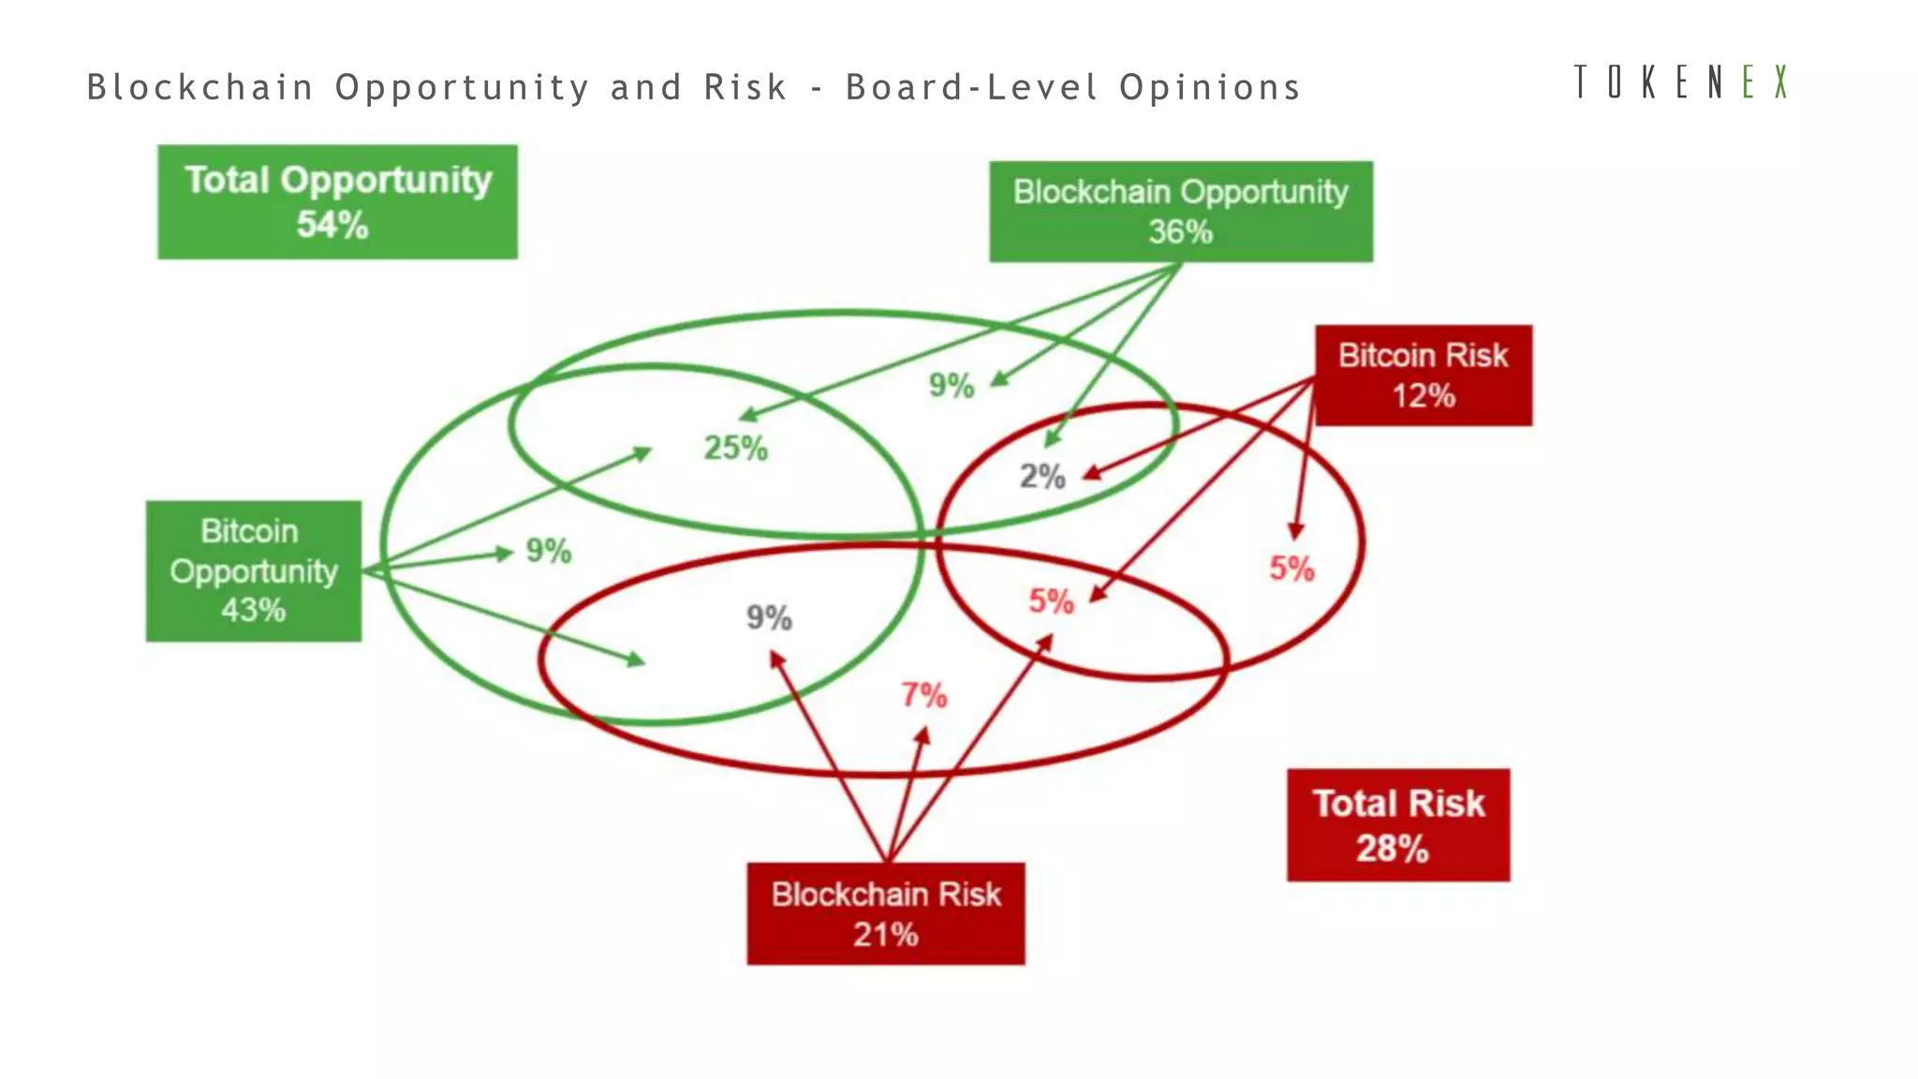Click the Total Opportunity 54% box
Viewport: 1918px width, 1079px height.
[337, 201]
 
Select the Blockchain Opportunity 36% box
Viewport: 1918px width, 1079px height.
[1181, 212]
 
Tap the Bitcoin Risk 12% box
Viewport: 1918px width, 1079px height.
[1424, 376]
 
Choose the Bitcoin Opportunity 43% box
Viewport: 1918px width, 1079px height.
[254, 570]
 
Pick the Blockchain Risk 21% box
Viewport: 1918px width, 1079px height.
[886, 913]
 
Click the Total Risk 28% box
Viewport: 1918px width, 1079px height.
[1398, 825]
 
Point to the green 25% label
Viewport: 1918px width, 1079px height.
[736, 448]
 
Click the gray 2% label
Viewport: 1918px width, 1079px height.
[1042, 477]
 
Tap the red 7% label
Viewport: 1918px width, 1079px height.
[923, 695]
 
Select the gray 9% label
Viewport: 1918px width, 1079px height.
[769, 617]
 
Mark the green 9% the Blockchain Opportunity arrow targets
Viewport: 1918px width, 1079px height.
[952, 385]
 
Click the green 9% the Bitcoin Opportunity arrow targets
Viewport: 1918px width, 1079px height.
[549, 551]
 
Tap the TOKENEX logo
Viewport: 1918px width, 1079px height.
[1681, 82]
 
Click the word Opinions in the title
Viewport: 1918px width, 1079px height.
[1210, 87]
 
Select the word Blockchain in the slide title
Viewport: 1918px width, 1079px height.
[200, 87]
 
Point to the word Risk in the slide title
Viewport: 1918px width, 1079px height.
[745, 87]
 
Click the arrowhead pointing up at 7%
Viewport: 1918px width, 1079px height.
[923, 736]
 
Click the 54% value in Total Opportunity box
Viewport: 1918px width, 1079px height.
[332, 225]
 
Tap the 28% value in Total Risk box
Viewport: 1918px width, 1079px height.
[1393, 849]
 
